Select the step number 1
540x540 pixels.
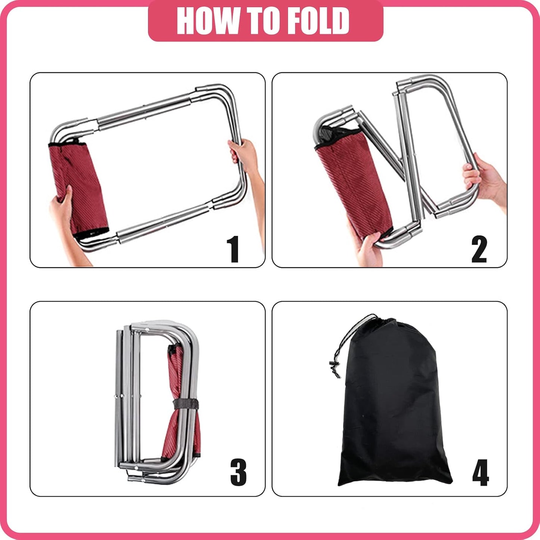tap(233, 249)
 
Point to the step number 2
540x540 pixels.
tap(479, 249)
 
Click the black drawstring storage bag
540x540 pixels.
tap(392, 411)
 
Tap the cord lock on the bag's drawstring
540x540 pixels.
tap(331, 364)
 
